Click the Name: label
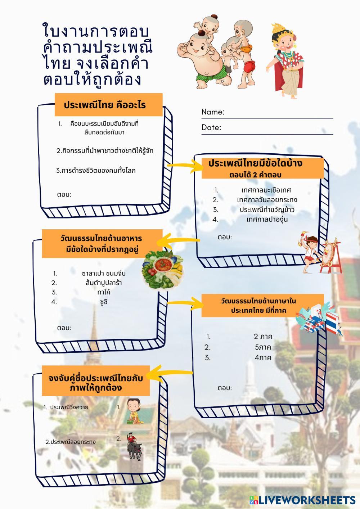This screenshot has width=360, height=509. tap(213, 112)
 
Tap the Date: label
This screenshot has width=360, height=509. tap(211, 127)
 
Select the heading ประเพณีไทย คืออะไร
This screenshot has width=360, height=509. tap(104, 105)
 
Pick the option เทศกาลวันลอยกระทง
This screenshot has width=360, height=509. tap(267, 200)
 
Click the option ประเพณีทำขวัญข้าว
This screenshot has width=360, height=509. tap(267, 210)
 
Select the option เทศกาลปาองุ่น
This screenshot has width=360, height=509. tap(267, 219)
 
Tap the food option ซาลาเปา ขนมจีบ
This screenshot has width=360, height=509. tap(104, 273)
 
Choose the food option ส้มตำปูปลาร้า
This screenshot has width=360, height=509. tap(104, 283)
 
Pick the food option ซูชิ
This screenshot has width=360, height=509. tap(104, 302)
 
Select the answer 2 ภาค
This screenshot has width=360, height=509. tap(263, 337)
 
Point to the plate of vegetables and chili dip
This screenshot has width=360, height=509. tap(163, 270)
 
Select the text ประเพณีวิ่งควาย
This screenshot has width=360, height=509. tap(69, 407)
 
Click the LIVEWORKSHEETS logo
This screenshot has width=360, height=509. tap(302, 500)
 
